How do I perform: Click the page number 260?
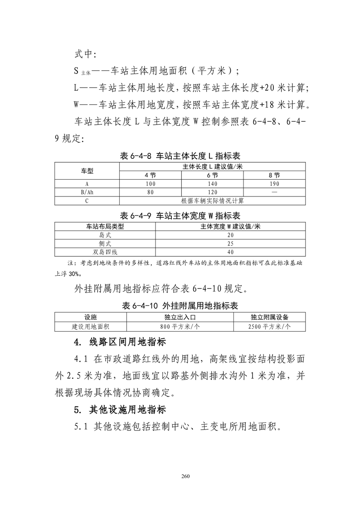tap(185, 476)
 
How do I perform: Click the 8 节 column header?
tap(274, 175)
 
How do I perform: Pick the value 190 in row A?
tap(274, 184)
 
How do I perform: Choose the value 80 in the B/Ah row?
tap(150, 192)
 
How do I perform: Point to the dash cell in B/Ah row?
tap(274, 192)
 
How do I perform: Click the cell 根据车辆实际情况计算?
tap(212, 200)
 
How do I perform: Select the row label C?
tap(87, 200)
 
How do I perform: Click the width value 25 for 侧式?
tap(230, 244)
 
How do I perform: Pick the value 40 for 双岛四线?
tap(230, 252)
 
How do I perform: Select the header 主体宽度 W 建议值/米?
tap(230, 226)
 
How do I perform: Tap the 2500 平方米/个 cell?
tap(269, 326)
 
